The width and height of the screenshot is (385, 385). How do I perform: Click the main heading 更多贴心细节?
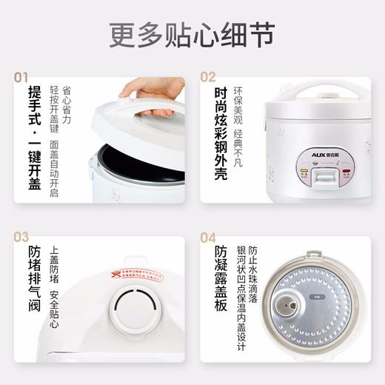(x=192, y=34)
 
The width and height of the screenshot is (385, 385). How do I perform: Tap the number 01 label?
(x=21, y=77)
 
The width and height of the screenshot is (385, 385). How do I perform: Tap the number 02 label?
(x=208, y=77)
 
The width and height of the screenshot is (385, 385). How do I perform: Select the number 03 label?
(x=21, y=237)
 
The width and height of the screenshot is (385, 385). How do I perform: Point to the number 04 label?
(x=208, y=237)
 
